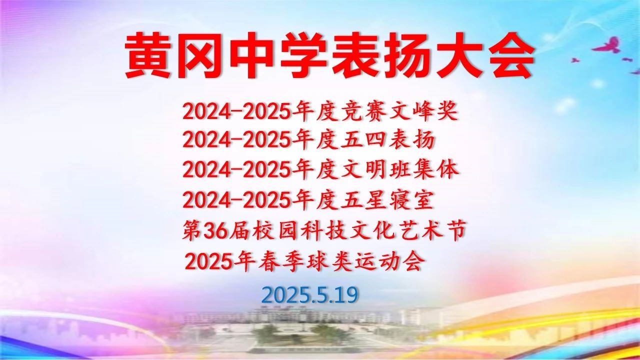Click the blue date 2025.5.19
point(309,295)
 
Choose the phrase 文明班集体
point(400,170)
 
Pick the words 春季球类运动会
point(340,261)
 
